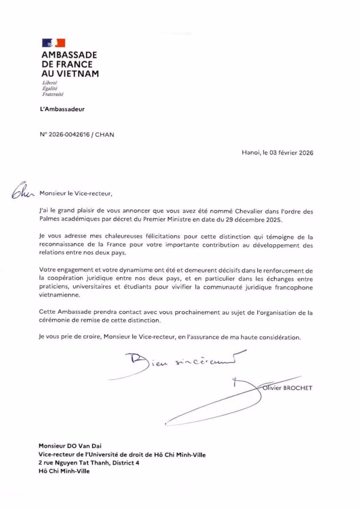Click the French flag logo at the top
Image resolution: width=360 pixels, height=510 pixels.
[53, 42]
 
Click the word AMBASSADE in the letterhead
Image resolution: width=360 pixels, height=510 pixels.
[69, 55]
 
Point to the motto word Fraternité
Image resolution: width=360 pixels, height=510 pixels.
[53, 94]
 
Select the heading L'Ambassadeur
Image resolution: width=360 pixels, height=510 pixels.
[62, 109]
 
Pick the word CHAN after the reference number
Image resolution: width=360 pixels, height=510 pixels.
[104, 135]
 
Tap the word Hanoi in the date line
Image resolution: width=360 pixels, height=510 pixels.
[250, 153]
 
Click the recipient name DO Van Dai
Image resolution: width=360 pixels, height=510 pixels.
[82, 445]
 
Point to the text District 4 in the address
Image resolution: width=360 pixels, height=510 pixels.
[120, 463]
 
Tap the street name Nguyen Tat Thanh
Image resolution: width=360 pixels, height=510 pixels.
[76, 463]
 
